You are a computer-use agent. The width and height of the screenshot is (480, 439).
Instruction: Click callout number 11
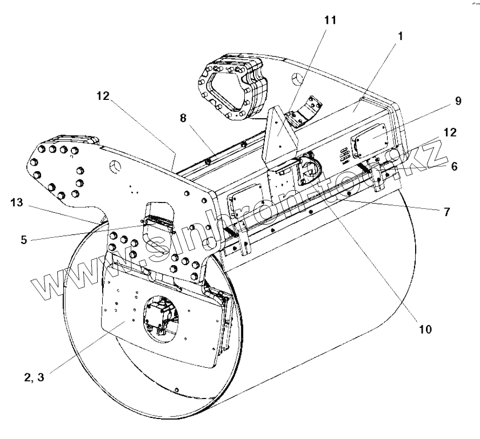[330, 21]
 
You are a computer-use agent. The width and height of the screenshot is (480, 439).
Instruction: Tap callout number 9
[457, 102]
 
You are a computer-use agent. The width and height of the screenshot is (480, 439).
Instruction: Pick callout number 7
[446, 212]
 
